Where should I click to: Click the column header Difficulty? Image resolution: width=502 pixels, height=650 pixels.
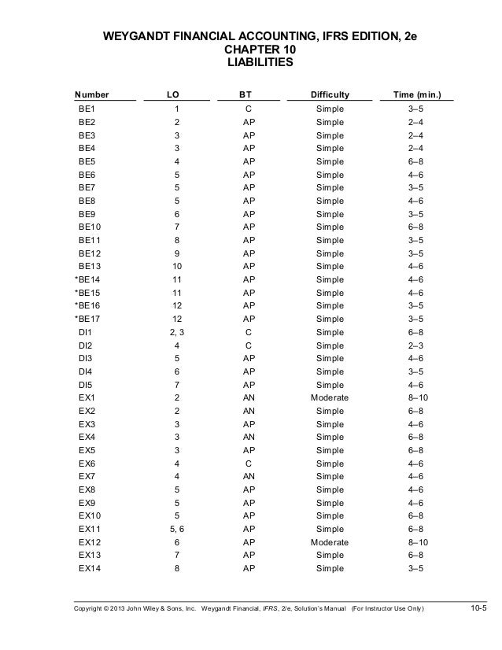[x=330, y=94]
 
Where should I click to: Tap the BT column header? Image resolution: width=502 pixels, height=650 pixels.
[x=245, y=94]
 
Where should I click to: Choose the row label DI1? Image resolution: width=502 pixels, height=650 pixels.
[x=86, y=332]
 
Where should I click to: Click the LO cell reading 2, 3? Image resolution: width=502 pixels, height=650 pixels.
[x=176, y=332]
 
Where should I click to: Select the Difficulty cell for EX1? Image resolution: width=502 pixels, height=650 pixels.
[x=330, y=398]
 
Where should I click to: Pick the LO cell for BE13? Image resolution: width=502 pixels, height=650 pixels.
[x=176, y=266]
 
